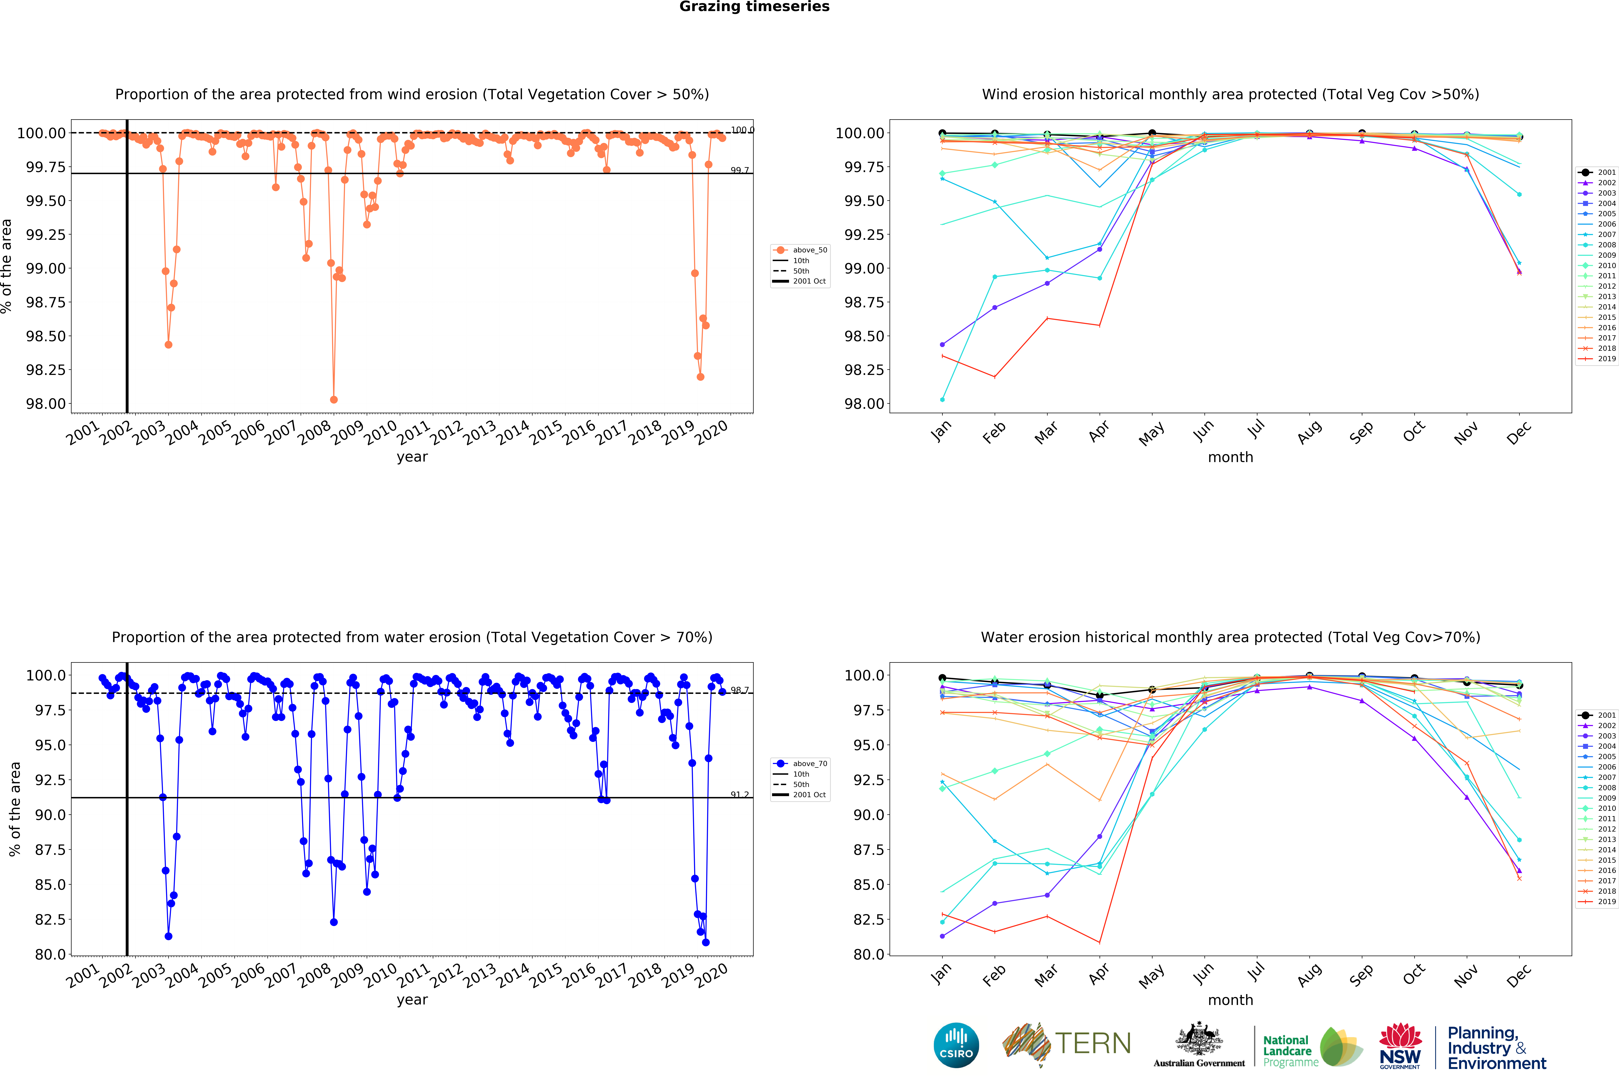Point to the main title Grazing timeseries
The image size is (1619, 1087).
754,7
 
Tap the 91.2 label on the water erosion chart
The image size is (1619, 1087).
740,794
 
